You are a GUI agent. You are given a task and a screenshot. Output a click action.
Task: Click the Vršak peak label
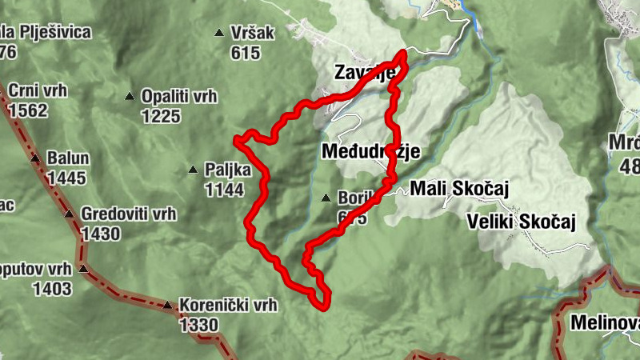(x=253, y=33)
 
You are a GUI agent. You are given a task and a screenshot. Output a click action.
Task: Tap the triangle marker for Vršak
(x=219, y=33)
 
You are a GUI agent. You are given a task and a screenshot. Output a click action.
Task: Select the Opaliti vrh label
(x=179, y=97)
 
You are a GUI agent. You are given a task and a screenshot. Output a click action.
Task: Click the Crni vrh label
(x=38, y=90)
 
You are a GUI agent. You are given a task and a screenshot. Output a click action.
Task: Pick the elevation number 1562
(x=27, y=110)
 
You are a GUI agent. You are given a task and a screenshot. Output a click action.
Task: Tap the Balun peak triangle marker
(x=35, y=158)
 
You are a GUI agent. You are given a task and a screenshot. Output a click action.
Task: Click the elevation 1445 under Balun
(x=66, y=178)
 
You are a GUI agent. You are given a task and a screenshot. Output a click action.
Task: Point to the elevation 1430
(x=100, y=234)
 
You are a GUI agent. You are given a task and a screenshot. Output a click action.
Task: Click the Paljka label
(x=228, y=170)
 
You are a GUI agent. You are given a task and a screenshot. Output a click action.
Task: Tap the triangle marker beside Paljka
(x=193, y=170)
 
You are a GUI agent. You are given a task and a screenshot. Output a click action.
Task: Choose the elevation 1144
(x=224, y=190)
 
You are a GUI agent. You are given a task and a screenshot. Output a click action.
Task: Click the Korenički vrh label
(x=228, y=305)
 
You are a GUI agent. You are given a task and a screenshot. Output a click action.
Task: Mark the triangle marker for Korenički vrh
(x=167, y=305)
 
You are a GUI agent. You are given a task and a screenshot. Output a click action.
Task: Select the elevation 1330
(x=199, y=325)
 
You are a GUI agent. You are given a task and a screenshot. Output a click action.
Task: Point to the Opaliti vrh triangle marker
(x=129, y=98)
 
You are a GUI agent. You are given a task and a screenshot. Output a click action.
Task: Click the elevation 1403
(x=52, y=289)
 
